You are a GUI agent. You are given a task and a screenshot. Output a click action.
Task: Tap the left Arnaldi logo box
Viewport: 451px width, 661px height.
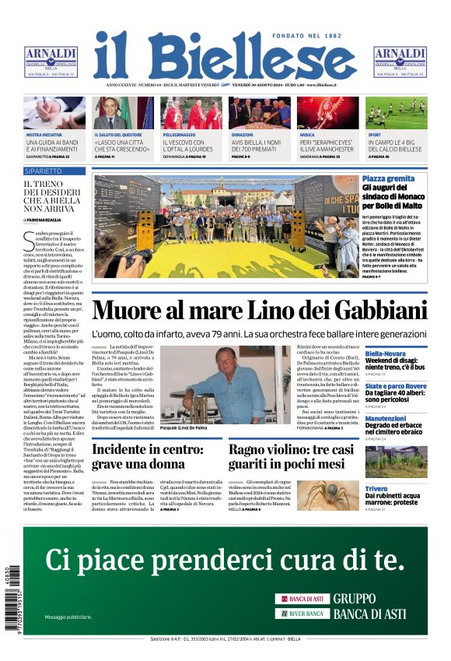51,62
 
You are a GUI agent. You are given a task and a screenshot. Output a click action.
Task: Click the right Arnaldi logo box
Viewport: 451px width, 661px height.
400,62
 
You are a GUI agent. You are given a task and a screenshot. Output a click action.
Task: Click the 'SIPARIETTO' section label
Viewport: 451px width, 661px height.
44,171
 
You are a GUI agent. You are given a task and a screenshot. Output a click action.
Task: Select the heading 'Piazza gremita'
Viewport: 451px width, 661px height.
410,179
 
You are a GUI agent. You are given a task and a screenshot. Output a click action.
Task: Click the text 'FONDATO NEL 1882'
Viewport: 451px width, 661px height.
307,37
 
